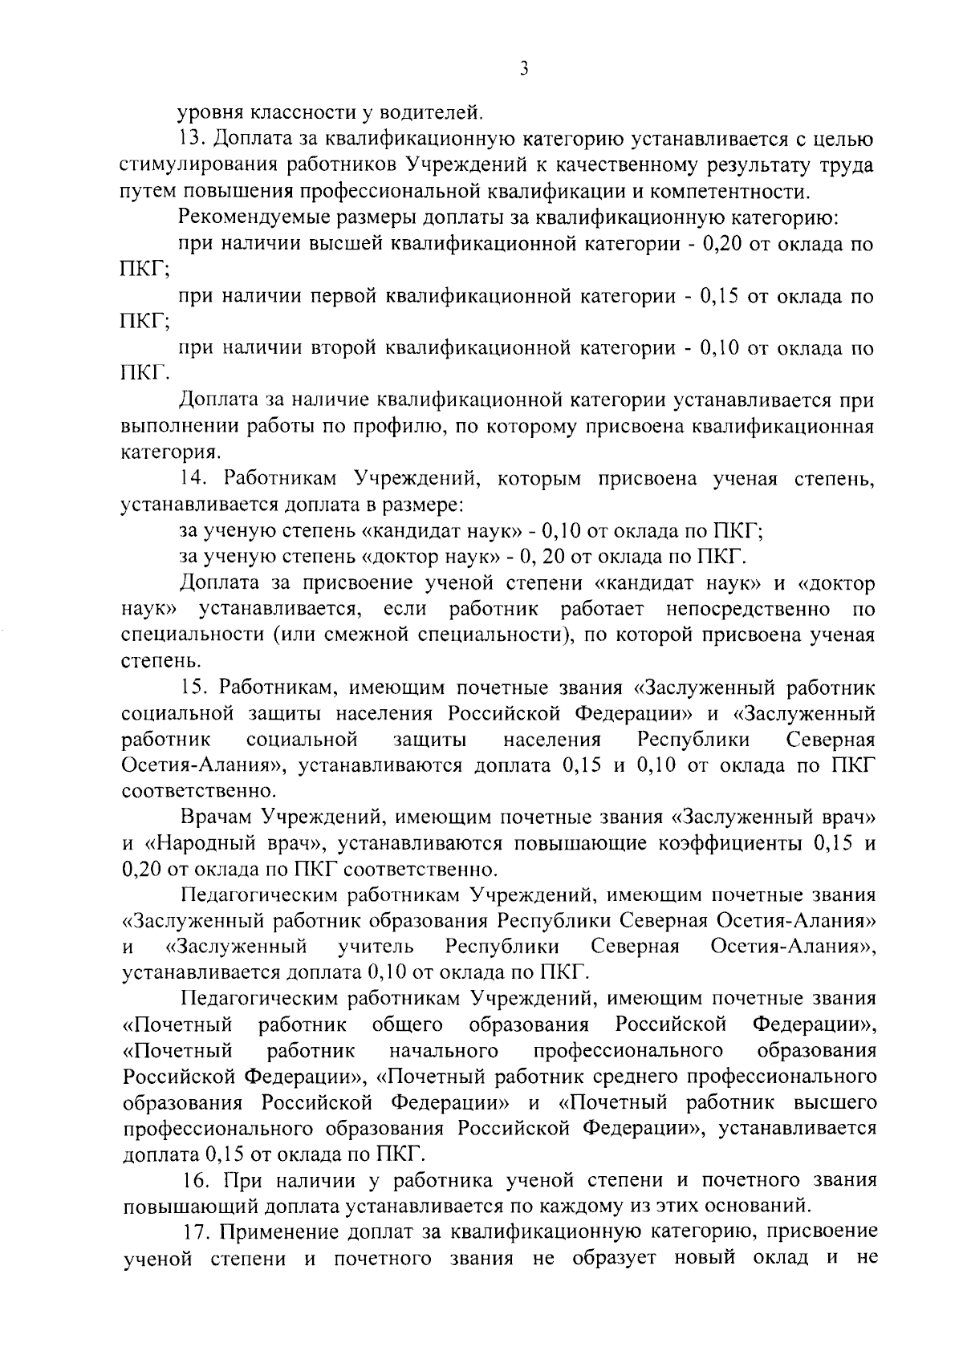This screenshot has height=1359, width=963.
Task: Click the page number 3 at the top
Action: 522,70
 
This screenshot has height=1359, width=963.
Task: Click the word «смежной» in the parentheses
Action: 358,636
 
